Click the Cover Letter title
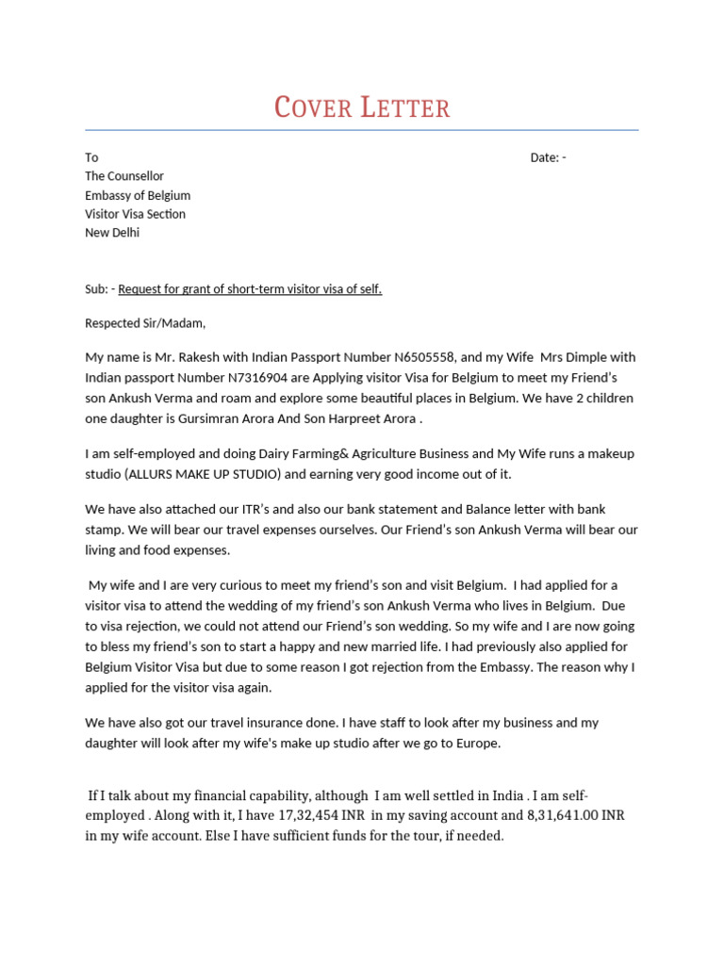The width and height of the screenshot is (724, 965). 362,107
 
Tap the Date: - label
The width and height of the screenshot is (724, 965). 548,157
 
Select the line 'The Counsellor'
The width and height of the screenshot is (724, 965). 124,176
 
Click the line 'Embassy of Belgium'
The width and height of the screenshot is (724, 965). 138,195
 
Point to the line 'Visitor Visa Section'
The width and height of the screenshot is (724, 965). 135,214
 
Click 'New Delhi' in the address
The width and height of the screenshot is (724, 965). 112,233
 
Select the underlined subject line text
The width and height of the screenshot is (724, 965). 250,289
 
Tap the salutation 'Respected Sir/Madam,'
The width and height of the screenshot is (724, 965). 145,323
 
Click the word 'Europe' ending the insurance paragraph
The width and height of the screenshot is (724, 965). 478,743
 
